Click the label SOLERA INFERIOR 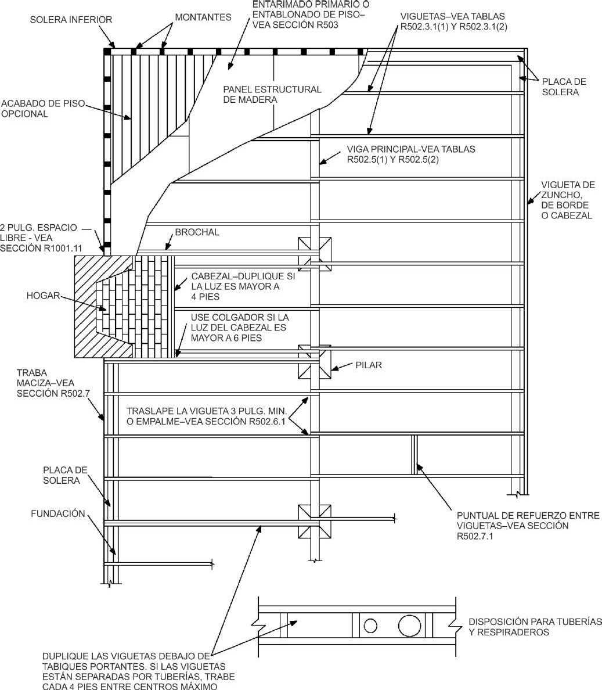[71, 20]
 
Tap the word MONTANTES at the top [203, 17]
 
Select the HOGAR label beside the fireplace [43, 295]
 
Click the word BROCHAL [197, 232]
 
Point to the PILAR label [369, 365]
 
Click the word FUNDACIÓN [58, 513]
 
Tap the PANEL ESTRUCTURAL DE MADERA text [272, 94]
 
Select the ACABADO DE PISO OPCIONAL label [42, 109]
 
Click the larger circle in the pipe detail [410, 626]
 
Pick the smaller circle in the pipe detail [371, 626]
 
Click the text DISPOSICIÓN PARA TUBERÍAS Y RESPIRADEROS [535, 627]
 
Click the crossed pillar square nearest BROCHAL [315, 254]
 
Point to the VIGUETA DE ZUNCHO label [568, 200]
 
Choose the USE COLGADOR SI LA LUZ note [240, 328]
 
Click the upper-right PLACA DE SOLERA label [564, 87]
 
